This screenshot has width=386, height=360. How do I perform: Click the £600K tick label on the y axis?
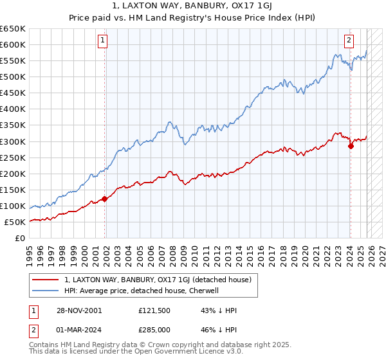(x=13, y=44)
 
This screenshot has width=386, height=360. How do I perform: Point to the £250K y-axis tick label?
(x=13, y=157)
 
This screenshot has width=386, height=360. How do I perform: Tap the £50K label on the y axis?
(x=15, y=222)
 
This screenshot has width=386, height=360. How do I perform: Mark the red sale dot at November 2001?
(x=105, y=199)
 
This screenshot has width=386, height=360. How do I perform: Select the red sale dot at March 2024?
(x=351, y=146)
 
